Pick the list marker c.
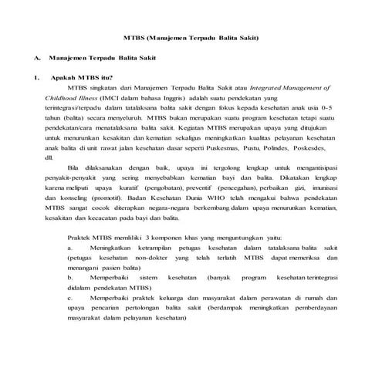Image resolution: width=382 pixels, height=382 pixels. pyautogui.click(x=70, y=296)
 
